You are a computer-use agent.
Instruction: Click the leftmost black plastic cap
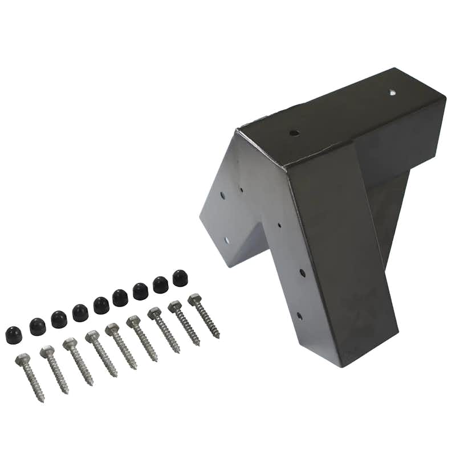click(14, 335)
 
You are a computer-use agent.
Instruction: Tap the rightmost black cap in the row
click(180, 278)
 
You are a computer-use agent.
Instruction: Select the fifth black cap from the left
click(101, 305)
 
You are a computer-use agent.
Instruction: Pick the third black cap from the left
click(59, 319)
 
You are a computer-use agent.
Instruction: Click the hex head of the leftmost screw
click(23, 359)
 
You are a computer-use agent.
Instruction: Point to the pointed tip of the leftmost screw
click(42, 401)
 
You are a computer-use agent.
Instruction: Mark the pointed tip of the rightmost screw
click(218, 337)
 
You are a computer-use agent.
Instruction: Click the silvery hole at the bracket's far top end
click(393, 92)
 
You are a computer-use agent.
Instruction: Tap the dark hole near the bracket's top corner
click(294, 133)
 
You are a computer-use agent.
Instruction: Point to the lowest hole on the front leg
click(299, 315)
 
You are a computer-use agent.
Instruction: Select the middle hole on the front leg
click(302, 273)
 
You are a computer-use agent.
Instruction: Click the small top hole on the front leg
click(279, 225)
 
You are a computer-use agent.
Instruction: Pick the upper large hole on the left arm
click(221, 196)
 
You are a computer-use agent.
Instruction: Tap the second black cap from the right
click(160, 284)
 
